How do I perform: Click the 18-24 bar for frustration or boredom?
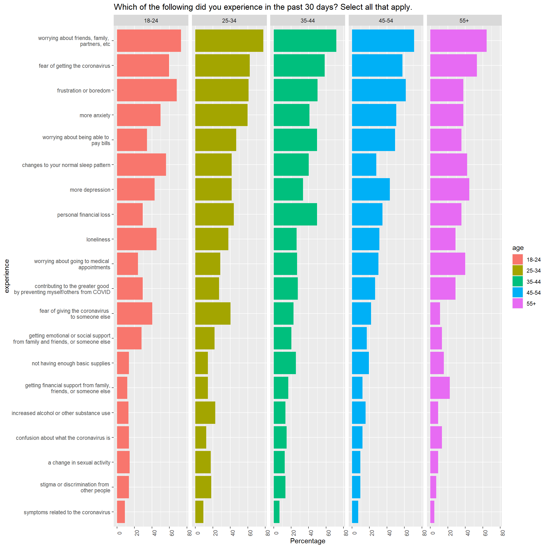pyautogui.click(x=147, y=90)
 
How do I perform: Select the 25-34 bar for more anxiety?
pyautogui.click(x=221, y=115)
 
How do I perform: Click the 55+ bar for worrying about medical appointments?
pyautogui.click(x=448, y=264)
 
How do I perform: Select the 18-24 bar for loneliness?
pyautogui.click(x=137, y=239)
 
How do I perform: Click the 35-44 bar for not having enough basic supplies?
pyautogui.click(x=285, y=363)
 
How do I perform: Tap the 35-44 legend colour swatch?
pyautogui.click(x=517, y=282)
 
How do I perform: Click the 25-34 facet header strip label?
pyautogui.click(x=229, y=21)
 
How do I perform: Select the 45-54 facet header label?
pyautogui.click(x=386, y=21)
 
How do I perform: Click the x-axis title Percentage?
pyautogui.click(x=308, y=541)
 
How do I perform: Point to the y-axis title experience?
pyautogui.click(x=7, y=276)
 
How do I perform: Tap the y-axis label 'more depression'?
pyautogui.click(x=90, y=190)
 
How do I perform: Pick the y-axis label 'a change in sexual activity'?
pyautogui.click(x=79, y=463)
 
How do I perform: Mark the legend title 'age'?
pyautogui.click(x=518, y=248)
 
